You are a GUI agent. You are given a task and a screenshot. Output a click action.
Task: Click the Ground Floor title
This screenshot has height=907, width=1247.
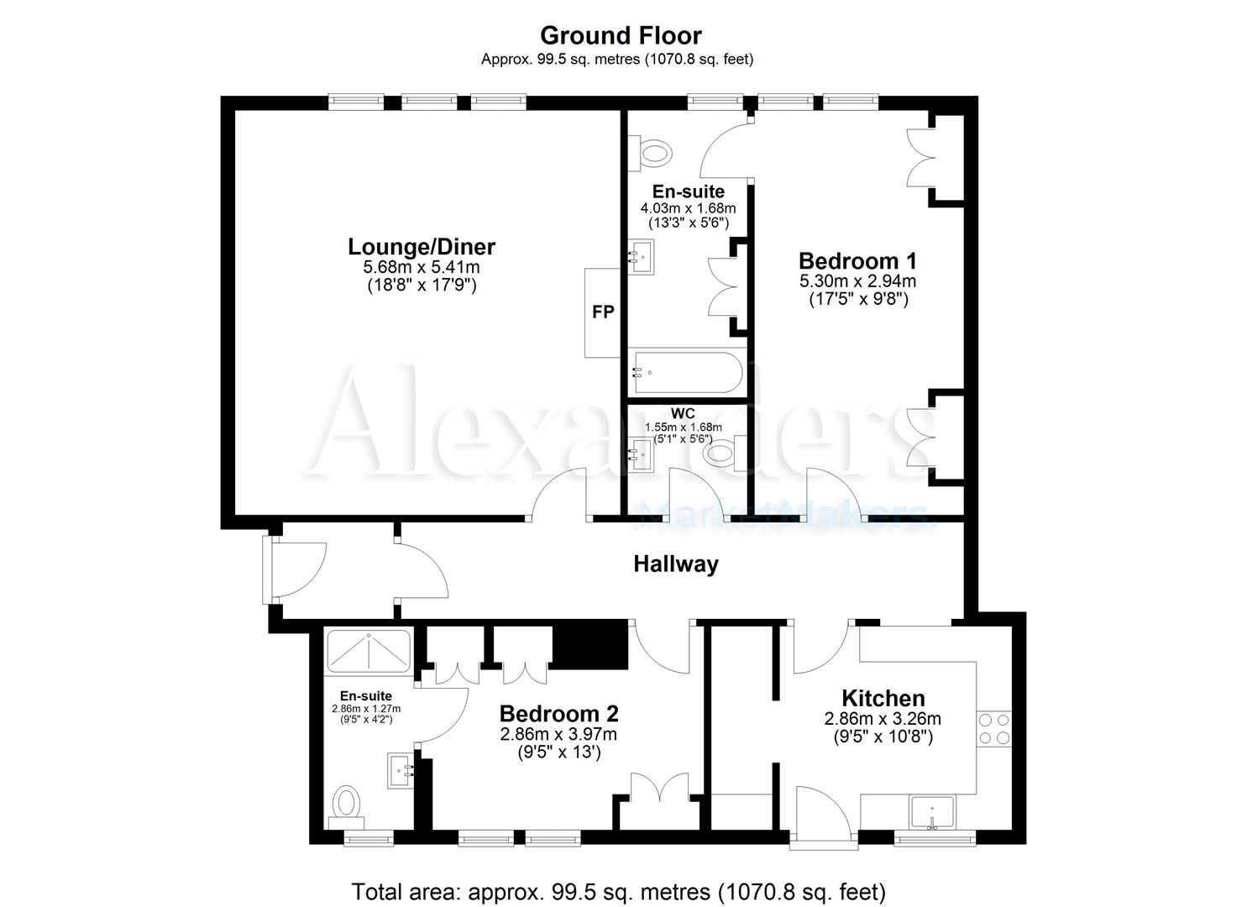coord(620,35)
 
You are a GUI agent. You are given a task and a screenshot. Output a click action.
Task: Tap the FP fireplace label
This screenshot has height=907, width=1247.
coord(603,312)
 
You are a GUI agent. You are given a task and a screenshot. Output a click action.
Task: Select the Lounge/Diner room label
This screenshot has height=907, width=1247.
coord(422,247)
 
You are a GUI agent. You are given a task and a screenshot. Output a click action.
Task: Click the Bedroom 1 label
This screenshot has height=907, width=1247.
coord(857,260)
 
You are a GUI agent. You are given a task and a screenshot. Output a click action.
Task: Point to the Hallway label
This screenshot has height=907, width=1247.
coord(676,564)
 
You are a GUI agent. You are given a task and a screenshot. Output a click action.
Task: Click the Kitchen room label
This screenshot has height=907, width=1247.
coord(883,698)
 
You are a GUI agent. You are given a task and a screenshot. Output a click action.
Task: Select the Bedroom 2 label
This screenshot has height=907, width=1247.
coord(558,714)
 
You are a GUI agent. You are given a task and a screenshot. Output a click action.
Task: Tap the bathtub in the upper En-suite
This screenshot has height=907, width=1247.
coord(688,372)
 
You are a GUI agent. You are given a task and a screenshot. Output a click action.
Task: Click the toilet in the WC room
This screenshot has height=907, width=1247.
coord(720,454)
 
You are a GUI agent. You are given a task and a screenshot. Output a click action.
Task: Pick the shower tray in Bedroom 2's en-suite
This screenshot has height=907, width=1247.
coord(369,650)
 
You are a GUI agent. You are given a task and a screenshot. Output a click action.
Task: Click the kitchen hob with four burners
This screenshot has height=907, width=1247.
coord(994,729)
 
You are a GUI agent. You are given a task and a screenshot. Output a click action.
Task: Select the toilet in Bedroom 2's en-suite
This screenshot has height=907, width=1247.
coord(346,803)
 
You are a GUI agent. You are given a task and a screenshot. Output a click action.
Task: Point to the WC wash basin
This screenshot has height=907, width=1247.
coord(642,454)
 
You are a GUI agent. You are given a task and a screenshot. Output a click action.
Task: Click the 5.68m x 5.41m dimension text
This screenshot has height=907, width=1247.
coord(422,267)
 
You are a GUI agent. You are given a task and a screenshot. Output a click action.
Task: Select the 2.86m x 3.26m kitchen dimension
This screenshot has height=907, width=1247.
coord(883,719)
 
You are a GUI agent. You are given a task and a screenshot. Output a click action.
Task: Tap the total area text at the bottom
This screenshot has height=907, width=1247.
coord(619,891)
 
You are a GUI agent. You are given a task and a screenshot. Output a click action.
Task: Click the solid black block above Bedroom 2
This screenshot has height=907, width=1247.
coord(590,645)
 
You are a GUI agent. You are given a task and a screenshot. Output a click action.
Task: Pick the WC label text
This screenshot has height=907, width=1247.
coord(683,413)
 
